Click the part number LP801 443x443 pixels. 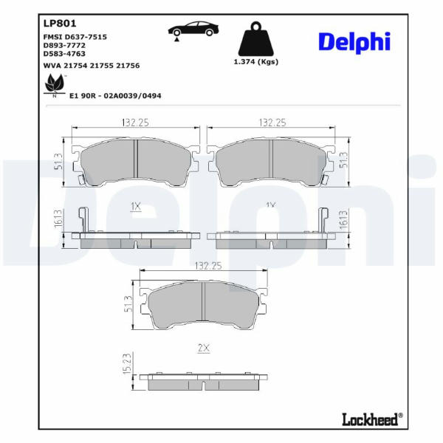60,24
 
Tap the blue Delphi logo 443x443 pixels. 354,42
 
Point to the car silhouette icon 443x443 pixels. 193,30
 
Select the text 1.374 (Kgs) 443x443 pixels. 256,62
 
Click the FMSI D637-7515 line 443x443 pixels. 75,37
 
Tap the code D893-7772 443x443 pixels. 64,46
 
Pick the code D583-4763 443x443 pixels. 64,54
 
